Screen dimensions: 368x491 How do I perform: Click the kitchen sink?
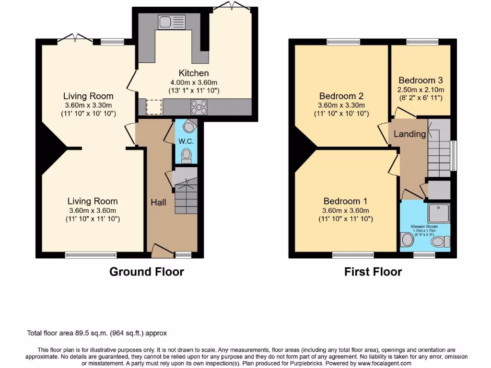coord(172,22)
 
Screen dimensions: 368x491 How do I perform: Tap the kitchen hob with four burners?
coord(199,106)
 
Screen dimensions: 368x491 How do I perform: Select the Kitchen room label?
coord(194,73)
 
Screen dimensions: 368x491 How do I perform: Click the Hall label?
coord(158,202)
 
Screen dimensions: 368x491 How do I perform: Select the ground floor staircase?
coord(185,195)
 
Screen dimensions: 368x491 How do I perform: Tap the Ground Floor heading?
coord(147,272)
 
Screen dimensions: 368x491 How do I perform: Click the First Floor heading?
coord(373,272)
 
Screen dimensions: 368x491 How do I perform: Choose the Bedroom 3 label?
coord(421,80)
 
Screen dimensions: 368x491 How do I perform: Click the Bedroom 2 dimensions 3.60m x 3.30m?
coord(341,105)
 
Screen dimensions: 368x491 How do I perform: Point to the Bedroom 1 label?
coord(345,201)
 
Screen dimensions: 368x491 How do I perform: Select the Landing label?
coord(410,134)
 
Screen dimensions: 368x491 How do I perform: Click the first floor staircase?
coord(438,149)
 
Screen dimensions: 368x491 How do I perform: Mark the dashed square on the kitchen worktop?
coord(154,107)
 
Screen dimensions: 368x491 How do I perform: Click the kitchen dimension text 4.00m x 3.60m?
coord(194,82)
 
